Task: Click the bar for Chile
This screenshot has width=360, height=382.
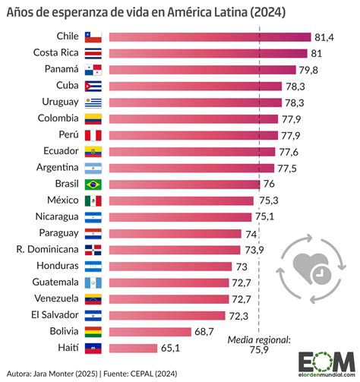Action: point(210,36)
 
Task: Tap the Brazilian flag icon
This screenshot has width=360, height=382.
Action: point(93,184)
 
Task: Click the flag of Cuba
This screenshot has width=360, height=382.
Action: point(93,86)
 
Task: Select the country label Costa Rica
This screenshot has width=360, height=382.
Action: point(55,52)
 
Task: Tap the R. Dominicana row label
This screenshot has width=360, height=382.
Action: point(46,249)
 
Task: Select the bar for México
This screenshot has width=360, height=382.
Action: point(182,200)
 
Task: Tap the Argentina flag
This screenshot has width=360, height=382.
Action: point(93,167)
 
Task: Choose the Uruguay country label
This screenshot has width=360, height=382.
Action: point(58,102)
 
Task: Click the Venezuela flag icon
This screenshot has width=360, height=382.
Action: point(93,298)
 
